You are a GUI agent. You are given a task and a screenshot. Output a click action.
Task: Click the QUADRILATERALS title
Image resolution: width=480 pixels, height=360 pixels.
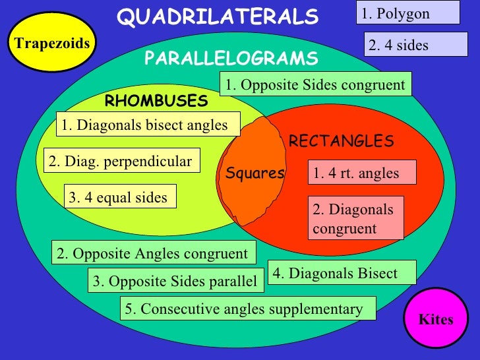(x=218, y=16)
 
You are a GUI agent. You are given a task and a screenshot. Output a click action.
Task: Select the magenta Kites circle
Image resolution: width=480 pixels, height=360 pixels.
(x=436, y=320)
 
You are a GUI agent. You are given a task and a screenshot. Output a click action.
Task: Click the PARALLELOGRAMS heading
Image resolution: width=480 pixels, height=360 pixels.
(x=231, y=59)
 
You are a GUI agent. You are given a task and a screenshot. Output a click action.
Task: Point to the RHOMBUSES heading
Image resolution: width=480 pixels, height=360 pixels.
(x=156, y=102)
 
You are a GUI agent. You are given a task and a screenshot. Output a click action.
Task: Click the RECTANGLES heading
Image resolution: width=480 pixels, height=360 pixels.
(x=341, y=141)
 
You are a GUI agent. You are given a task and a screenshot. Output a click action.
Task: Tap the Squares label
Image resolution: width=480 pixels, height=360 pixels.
(x=255, y=173)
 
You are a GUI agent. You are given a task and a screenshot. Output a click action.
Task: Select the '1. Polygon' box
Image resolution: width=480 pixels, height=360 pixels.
(x=409, y=13)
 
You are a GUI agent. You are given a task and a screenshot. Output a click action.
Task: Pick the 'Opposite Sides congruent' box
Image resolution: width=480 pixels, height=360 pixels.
(x=316, y=84)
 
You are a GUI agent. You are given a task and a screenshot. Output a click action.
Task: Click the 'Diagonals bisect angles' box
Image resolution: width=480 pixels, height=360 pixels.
(x=148, y=125)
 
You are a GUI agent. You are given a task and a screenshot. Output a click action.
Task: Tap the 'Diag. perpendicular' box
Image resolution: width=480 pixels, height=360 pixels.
(x=123, y=161)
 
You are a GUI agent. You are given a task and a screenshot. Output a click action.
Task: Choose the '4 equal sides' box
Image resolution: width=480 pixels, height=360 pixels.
(x=120, y=197)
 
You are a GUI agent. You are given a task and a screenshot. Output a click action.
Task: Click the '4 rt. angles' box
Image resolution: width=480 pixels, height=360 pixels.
(x=363, y=173)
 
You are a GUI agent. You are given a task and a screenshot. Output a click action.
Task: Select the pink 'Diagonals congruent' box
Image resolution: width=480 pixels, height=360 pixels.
(x=356, y=219)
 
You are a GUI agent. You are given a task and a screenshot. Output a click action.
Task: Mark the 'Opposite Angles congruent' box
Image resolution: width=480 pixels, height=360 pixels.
(x=154, y=253)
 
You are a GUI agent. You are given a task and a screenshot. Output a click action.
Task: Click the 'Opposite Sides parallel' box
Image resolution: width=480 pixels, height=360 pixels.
(x=176, y=281)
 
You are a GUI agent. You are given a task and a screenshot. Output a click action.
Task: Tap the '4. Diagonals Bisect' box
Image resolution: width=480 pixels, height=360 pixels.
(x=342, y=273)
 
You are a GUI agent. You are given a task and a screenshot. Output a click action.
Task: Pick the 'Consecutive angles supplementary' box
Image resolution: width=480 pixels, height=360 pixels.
(x=248, y=309)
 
